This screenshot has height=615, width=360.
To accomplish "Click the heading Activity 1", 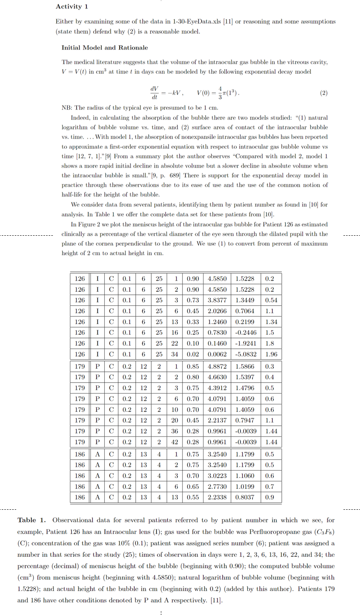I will click(x=72, y=7).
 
